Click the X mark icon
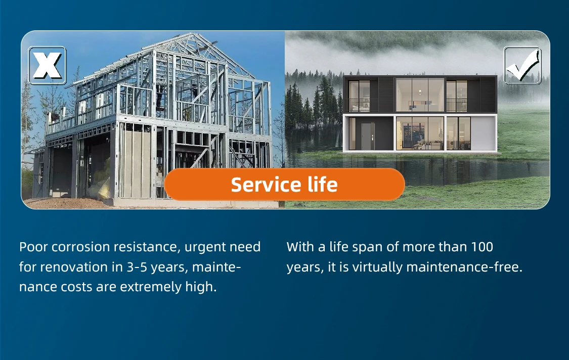(x=47, y=65)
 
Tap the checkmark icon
(x=522, y=65)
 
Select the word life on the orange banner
(x=323, y=185)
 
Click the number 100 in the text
(x=482, y=247)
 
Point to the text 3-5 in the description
(x=137, y=267)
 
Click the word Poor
(x=33, y=247)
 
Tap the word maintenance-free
(x=464, y=267)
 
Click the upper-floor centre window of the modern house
(x=420, y=95)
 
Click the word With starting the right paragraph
(x=300, y=247)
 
